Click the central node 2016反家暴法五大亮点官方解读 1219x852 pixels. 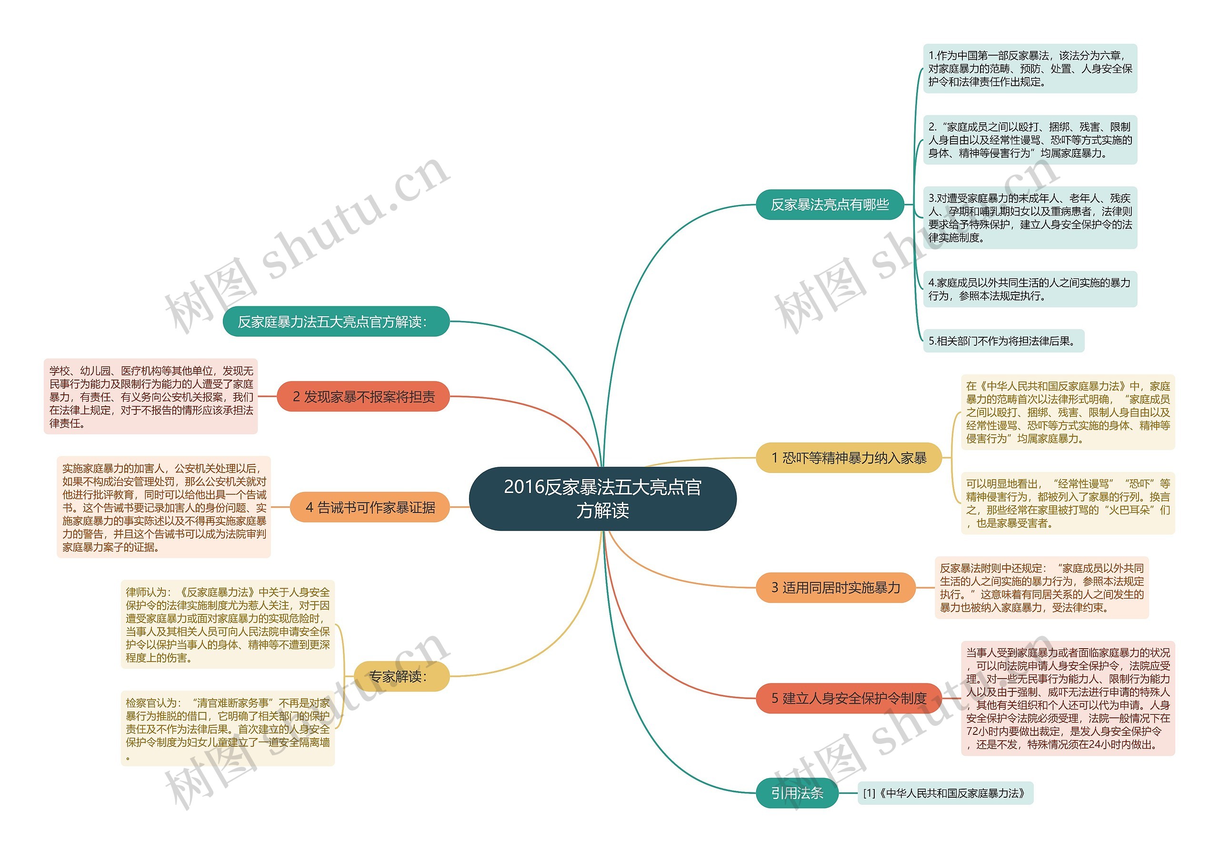click(603, 499)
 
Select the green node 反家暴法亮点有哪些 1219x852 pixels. click(829, 204)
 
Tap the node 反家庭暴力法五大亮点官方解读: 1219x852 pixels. click(336, 321)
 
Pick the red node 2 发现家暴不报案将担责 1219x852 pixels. click(363, 397)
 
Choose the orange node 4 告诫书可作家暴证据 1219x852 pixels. click(370, 508)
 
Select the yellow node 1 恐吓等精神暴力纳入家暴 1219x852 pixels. click(849, 458)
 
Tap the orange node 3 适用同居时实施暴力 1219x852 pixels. click(836, 588)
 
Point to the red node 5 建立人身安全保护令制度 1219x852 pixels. click(849, 698)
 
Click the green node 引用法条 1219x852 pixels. click(797, 793)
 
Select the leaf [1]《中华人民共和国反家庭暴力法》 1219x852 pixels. click(945, 793)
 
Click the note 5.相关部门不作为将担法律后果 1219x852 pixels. click(1003, 341)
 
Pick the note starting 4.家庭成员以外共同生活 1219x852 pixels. click(1029, 289)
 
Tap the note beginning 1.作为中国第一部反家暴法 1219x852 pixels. click(1029, 69)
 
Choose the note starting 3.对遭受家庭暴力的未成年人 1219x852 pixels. click(1029, 218)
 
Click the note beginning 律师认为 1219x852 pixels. click(228, 625)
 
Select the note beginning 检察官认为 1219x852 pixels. click(228, 728)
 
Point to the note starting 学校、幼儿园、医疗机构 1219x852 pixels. click(151, 397)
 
